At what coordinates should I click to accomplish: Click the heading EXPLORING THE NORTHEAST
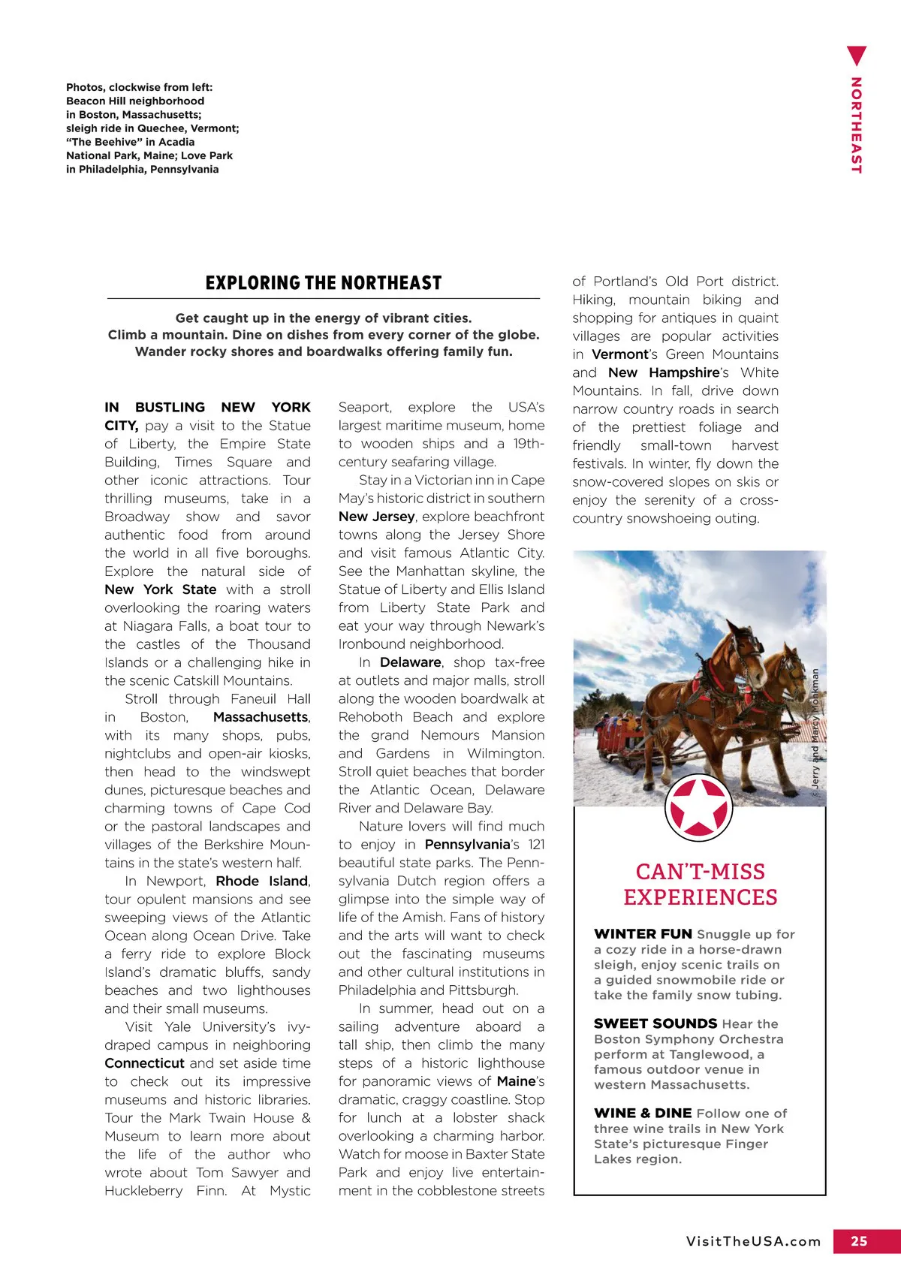pos(324,283)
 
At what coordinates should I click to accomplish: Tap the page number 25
pos(859,1241)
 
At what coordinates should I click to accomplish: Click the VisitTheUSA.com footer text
pos(753,1241)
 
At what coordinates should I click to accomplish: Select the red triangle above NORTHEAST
pos(856,56)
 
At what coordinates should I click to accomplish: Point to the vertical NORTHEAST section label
pos(856,125)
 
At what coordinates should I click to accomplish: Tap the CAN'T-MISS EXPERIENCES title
pos(700,885)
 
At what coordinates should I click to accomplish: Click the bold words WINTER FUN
pos(643,934)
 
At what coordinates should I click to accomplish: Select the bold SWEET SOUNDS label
pos(655,1023)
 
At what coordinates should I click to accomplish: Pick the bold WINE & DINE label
pos(643,1113)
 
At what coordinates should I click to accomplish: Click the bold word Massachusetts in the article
pos(261,717)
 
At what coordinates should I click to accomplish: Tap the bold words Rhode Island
pos(261,881)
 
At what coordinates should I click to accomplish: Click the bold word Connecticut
pos(144,1063)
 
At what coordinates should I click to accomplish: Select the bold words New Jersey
pos(376,517)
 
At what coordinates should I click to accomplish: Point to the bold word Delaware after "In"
pos(410,662)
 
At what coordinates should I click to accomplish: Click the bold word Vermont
pos(619,354)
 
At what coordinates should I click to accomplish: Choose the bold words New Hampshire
pos(664,372)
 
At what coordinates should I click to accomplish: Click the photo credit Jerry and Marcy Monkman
pos(815,728)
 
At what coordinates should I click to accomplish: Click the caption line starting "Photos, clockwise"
pos(139,87)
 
